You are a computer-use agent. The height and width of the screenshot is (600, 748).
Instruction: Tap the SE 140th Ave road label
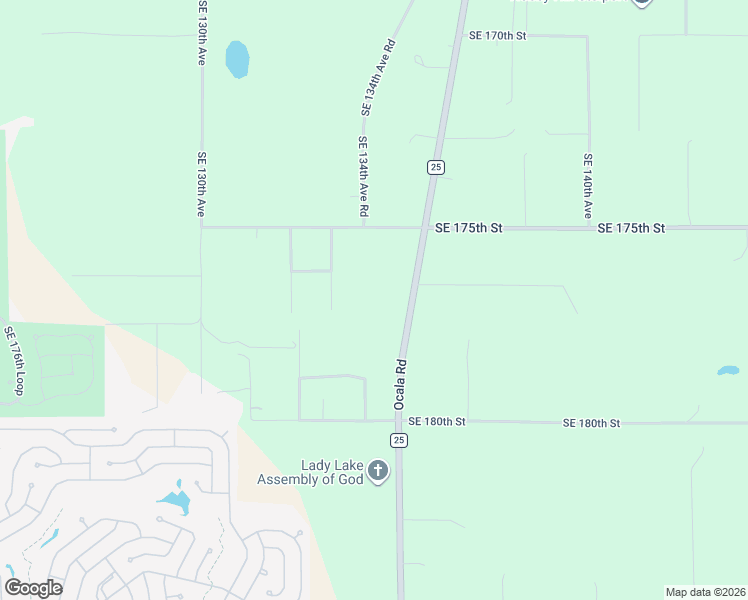tap(588, 186)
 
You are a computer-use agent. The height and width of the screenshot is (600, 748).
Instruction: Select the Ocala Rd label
tap(399, 384)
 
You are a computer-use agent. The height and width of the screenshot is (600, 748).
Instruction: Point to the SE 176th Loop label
tap(16, 360)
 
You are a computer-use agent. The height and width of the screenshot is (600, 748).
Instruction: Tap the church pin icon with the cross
tap(377, 471)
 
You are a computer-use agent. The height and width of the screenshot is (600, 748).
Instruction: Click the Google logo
tap(33, 587)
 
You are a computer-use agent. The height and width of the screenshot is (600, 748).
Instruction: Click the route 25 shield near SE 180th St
tap(399, 440)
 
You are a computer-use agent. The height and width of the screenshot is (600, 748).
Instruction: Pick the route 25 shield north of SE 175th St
tap(435, 167)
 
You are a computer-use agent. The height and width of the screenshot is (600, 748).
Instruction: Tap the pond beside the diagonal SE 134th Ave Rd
tap(237, 59)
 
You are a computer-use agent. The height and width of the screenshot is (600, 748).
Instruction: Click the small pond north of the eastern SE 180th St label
tap(728, 371)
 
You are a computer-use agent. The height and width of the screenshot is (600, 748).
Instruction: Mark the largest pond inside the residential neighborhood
tap(176, 500)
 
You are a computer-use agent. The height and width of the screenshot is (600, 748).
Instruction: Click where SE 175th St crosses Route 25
tap(421, 228)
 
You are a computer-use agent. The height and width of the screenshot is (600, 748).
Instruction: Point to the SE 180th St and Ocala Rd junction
tap(400, 421)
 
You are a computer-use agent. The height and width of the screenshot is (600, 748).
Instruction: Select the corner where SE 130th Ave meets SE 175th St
tap(202, 227)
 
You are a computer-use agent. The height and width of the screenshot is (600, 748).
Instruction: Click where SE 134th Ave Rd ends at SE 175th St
tap(363, 227)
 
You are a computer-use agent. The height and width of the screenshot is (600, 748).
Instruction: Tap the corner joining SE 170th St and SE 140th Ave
tap(587, 37)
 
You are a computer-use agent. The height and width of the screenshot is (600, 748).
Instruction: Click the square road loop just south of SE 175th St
tap(311, 249)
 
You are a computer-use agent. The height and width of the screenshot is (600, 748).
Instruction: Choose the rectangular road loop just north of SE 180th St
tap(332, 398)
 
